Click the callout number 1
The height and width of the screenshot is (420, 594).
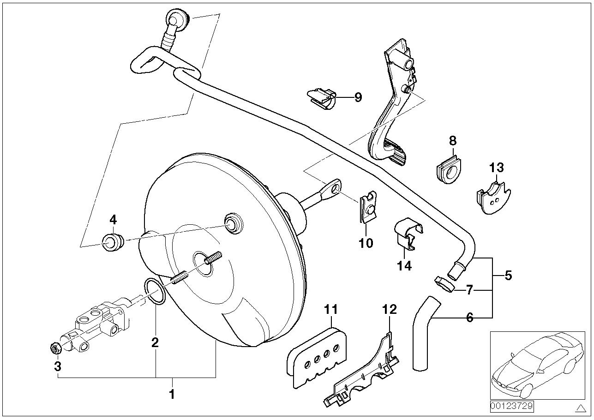[172, 395]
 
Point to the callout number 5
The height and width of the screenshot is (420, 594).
[508, 276]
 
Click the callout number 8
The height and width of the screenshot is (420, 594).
[452, 140]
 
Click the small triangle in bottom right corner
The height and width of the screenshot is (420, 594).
[580, 408]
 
